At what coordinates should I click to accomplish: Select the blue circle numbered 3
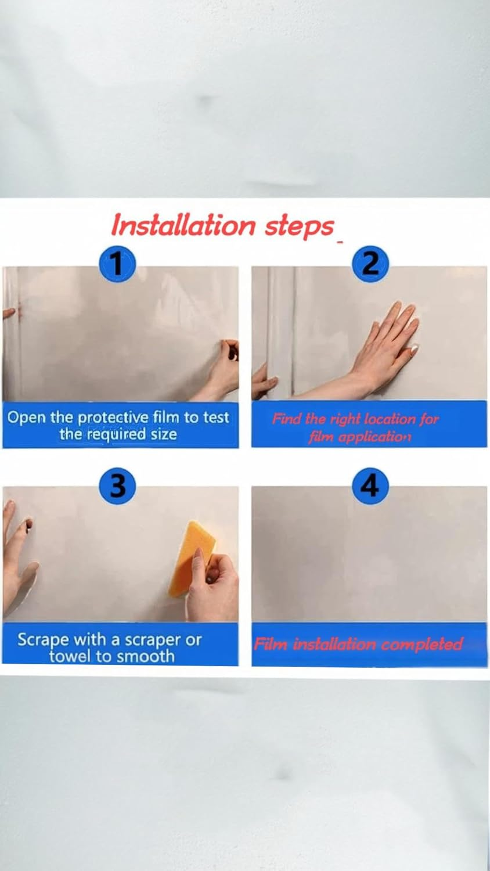point(117,485)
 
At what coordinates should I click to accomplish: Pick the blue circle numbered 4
point(370,485)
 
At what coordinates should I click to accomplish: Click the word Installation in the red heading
point(183,225)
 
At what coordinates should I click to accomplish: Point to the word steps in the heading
point(300,226)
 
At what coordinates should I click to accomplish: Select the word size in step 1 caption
point(164,434)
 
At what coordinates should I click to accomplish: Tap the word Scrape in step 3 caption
point(42,640)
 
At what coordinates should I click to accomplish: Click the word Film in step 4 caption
point(271,644)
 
